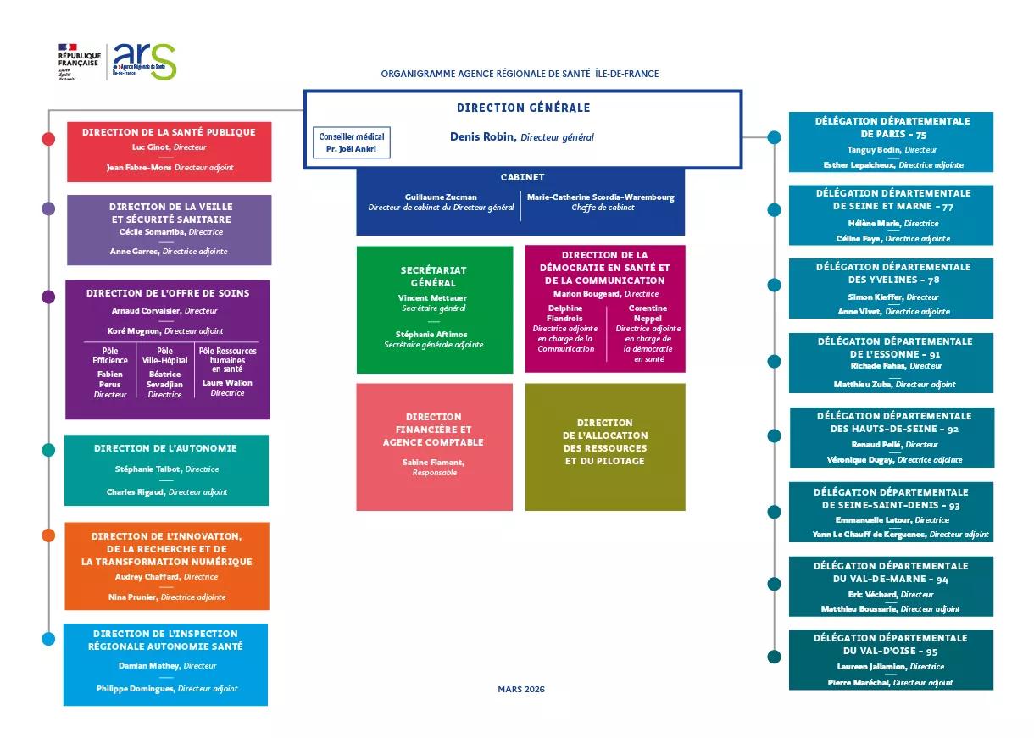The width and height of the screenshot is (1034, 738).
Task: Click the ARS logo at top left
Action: coord(144,61)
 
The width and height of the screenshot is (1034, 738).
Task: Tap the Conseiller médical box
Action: coord(352,142)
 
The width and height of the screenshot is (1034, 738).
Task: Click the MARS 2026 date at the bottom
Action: coord(521,689)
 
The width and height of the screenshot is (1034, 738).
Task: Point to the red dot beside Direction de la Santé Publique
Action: coord(48,139)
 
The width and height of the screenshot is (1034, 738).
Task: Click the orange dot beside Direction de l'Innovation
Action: coord(48,535)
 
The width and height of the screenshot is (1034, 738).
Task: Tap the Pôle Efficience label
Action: coord(110,356)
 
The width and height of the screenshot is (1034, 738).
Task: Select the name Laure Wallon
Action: coord(227,383)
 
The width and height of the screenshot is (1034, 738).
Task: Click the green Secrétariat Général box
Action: coord(434,309)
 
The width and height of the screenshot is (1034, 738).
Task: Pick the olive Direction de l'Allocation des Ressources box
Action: coord(605,447)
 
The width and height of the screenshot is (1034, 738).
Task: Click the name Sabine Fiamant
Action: coord(432,462)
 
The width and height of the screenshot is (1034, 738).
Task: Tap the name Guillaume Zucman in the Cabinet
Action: coord(441,197)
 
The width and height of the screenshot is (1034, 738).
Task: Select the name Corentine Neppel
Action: coord(648,314)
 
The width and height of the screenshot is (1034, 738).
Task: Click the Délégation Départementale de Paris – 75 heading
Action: coord(892,127)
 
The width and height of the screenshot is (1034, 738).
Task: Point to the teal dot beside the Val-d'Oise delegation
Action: coord(774,657)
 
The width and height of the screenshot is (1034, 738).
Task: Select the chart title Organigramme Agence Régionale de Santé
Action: coord(520,74)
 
